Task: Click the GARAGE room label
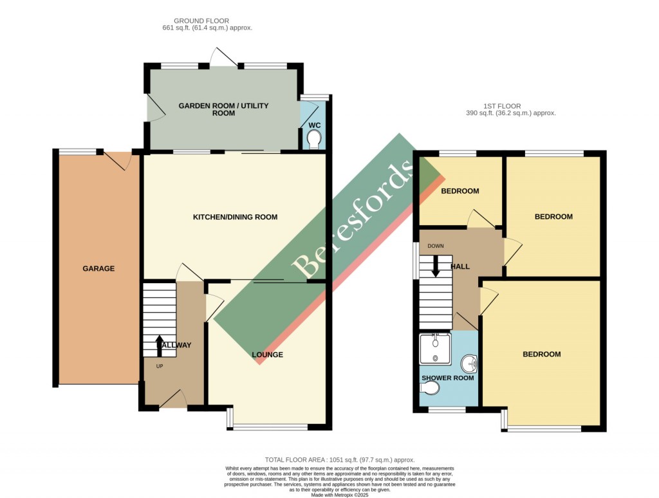(98, 268)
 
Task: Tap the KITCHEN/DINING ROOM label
(236, 217)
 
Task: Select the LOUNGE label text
(267, 355)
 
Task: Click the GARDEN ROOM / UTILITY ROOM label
(223, 109)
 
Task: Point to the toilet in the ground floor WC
(314, 139)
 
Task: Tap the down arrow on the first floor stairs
(436, 266)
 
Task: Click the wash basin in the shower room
(471, 365)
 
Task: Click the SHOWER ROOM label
(447, 378)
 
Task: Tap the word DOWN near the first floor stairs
(436, 246)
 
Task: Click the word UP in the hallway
(160, 366)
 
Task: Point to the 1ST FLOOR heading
(503, 106)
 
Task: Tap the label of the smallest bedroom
(459, 191)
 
